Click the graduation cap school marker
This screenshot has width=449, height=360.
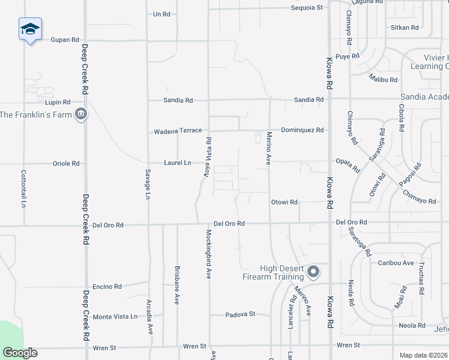coord(30,29)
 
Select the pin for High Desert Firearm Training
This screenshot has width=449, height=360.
coord(313,272)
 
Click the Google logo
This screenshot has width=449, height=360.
coord(20,353)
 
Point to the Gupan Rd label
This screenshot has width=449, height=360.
coord(65,40)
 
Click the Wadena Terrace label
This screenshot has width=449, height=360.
coord(178,131)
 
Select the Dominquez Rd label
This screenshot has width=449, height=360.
coord(302,130)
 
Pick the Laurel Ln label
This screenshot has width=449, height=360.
coord(178,163)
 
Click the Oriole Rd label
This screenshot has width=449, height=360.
coord(67,163)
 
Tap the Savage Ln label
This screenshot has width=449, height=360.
coord(147,183)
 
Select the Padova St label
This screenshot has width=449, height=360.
coord(241,314)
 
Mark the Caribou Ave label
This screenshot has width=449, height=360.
coord(396,263)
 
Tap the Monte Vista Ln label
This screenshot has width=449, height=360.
coord(115,316)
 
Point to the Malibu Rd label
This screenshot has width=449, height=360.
coord(383,79)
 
